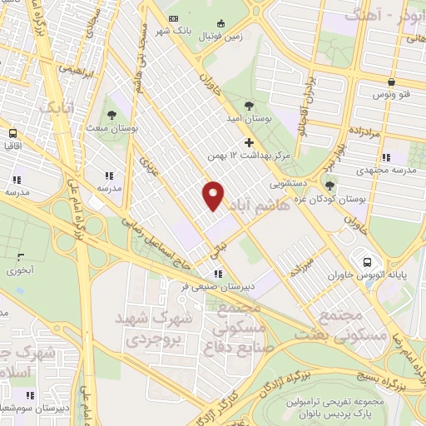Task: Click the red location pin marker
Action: (214, 195)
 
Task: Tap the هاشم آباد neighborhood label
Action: (262, 205)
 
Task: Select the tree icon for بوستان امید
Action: (250, 106)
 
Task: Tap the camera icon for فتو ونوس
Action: (392, 82)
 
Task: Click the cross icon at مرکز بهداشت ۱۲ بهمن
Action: (249, 141)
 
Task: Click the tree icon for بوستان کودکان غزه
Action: (330, 186)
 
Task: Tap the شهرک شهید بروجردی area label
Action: (161, 329)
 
